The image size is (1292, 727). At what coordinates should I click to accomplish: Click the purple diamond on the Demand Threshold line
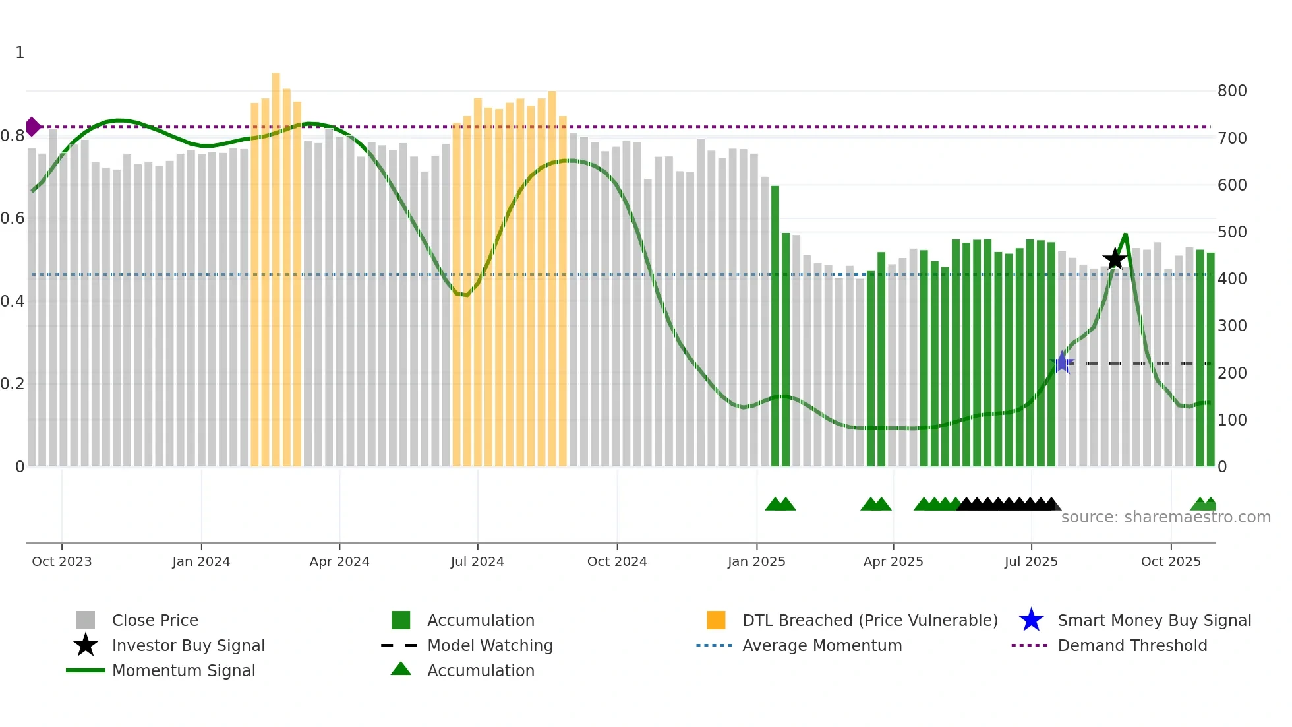pos(32,127)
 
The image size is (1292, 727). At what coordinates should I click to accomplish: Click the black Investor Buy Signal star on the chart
pos(1115,259)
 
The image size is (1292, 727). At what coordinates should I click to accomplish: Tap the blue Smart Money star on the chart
pos(1062,362)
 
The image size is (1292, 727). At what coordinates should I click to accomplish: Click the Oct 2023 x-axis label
pos(62,561)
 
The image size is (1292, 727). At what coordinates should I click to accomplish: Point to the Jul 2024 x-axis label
pos(477,561)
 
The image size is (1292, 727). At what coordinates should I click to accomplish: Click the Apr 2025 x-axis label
pos(893,561)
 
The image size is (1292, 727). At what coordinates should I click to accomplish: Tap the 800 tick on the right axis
pos(1232,91)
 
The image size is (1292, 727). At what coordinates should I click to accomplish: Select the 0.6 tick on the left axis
pos(13,218)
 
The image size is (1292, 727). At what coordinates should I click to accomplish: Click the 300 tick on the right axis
pos(1232,326)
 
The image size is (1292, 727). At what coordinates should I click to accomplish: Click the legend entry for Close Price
pos(155,620)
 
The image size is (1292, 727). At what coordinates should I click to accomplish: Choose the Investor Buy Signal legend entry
pos(188,645)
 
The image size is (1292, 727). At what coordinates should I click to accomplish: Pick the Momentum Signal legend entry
pos(183,670)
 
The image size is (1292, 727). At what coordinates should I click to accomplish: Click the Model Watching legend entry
pos(490,645)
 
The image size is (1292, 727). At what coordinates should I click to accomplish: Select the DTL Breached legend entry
pos(869,620)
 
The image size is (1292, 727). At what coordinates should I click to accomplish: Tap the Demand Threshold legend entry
pos(1132,645)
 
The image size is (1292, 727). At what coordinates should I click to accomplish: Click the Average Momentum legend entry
pos(821,645)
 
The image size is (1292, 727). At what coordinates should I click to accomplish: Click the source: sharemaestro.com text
pos(1165,517)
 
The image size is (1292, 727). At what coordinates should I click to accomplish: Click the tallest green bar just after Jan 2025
pos(775,327)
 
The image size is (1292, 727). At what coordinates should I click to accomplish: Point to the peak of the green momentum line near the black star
pos(1125,234)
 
